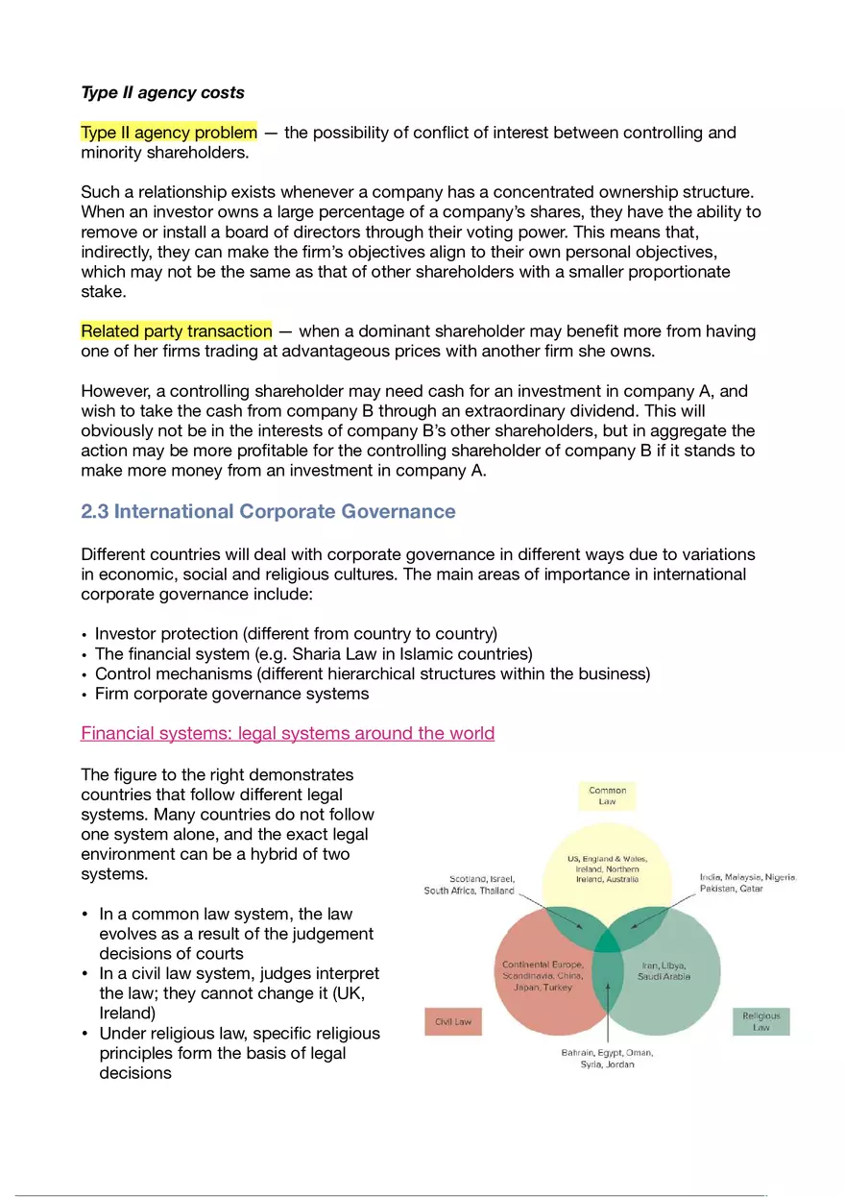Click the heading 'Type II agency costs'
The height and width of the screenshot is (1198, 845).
(162, 93)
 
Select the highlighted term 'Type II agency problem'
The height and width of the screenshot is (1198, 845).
(169, 133)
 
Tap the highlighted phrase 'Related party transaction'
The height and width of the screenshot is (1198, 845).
(177, 331)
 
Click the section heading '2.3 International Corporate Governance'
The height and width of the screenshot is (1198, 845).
(268, 511)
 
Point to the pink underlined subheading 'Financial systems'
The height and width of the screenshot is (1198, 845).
(287, 734)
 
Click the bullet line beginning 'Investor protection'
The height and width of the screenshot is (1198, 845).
(296, 634)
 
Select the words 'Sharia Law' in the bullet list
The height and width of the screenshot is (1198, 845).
(311, 654)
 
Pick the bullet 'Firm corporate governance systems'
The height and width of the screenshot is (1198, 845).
(231, 694)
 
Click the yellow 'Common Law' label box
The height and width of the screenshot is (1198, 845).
(607, 796)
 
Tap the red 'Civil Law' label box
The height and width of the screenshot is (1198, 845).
(453, 1022)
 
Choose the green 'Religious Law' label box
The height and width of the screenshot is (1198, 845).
(760, 1021)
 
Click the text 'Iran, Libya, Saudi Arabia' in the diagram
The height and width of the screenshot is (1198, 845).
(664, 970)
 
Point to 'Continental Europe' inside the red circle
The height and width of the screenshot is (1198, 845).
(543, 965)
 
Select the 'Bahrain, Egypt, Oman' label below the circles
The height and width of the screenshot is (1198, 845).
(607, 1053)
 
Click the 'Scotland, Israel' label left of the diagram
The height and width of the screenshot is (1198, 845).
(482, 878)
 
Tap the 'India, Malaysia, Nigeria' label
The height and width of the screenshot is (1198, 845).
(748, 877)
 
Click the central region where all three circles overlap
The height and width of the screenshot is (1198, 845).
(607, 941)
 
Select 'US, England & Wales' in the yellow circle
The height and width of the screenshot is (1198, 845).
(607, 858)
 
